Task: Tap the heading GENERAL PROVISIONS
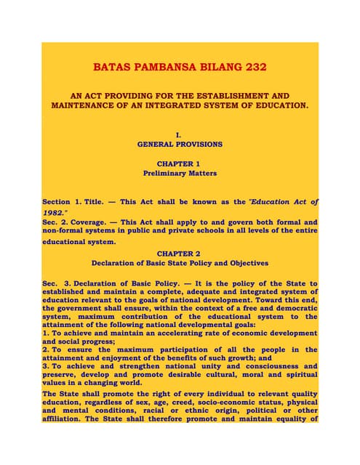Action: click(180, 145)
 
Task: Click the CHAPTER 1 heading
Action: click(180, 163)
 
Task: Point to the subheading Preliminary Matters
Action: click(180, 174)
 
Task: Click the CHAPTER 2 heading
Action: click(180, 253)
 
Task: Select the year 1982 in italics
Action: click(55, 211)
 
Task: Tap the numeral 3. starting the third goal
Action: click(45, 367)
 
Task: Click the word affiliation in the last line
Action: click(66, 440)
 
